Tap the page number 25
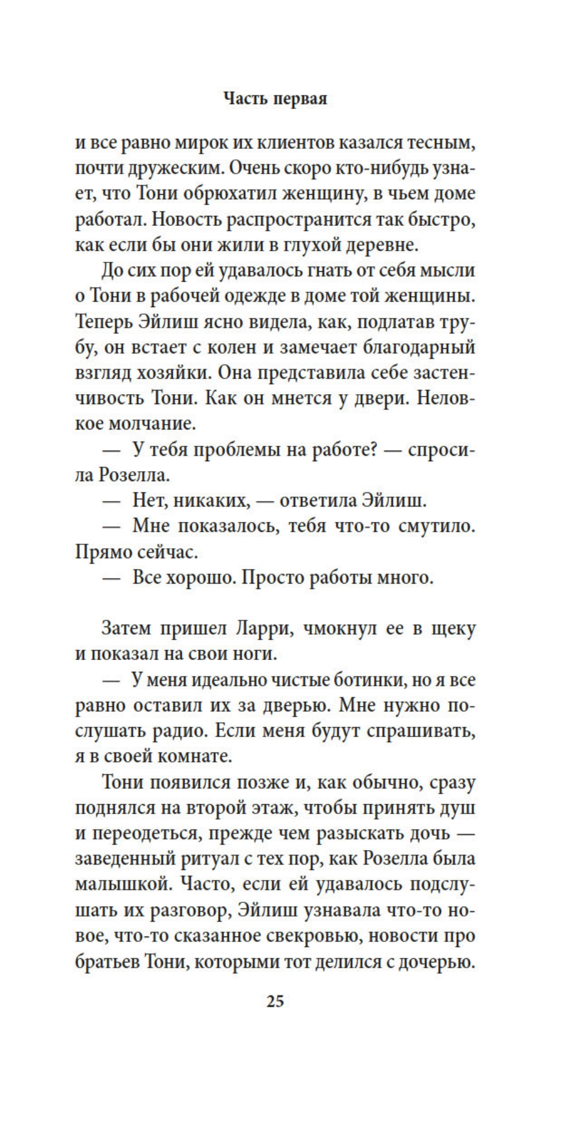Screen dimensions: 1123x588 [x=275, y=1000]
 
